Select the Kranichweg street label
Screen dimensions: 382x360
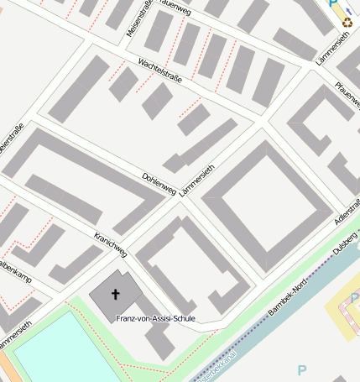coord(111,243)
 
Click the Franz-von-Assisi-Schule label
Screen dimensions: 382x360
coord(156,319)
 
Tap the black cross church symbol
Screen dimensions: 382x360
coord(115,295)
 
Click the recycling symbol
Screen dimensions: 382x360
coord(347,23)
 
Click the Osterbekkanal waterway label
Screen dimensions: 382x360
coord(216,367)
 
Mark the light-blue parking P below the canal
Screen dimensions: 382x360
coord(302,370)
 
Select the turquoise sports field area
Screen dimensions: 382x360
coord(59,353)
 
